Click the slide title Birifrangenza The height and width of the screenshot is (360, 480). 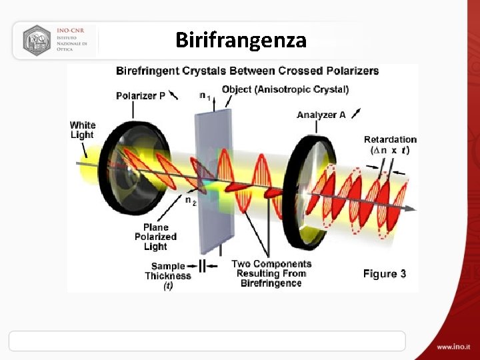click(241, 41)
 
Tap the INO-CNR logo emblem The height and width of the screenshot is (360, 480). click(37, 40)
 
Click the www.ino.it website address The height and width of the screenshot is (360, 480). click(453, 347)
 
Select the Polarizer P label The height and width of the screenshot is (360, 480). click(141, 95)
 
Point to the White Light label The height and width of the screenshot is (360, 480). click(83, 130)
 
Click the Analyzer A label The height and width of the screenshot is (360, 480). click(321, 115)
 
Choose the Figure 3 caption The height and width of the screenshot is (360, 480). click(384, 274)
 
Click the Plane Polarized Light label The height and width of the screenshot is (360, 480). click(155, 237)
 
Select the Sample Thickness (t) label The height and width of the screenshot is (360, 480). click(167, 275)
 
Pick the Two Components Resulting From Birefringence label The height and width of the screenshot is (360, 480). click(271, 273)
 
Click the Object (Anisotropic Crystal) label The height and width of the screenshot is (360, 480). click(285, 89)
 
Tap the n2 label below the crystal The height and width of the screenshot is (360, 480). click(190, 200)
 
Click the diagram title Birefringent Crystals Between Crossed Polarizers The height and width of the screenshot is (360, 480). click(247, 71)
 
